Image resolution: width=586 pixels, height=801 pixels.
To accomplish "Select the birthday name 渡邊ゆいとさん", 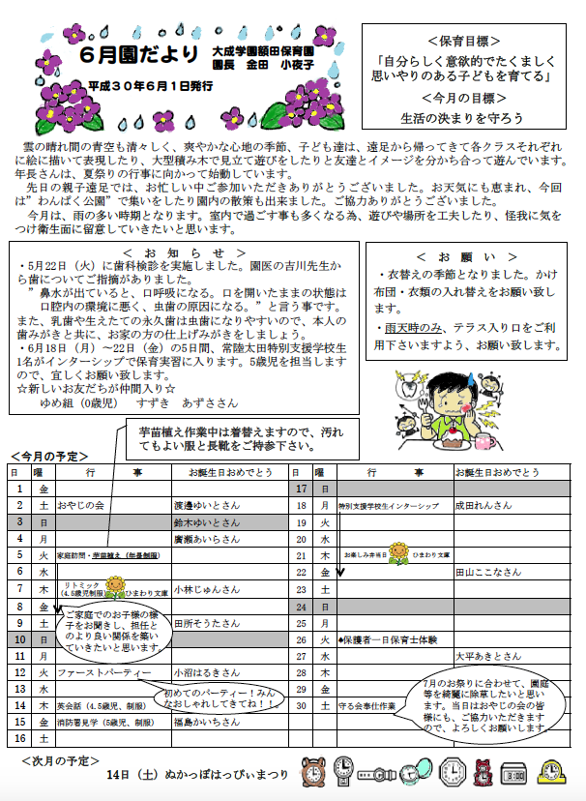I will pyautogui.click(x=205, y=505).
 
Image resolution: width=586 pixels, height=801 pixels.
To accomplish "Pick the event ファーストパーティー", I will pyautogui.click(x=105, y=671).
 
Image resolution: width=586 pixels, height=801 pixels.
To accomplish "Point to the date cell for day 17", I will pyautogui.click(x=301, y=489).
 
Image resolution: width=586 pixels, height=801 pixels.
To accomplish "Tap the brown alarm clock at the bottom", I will pyautogui.click(x=315, y=773).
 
